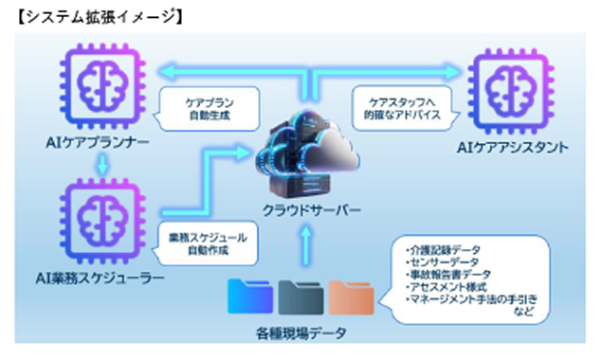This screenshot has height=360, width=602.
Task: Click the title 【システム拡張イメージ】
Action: (90, 16)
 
